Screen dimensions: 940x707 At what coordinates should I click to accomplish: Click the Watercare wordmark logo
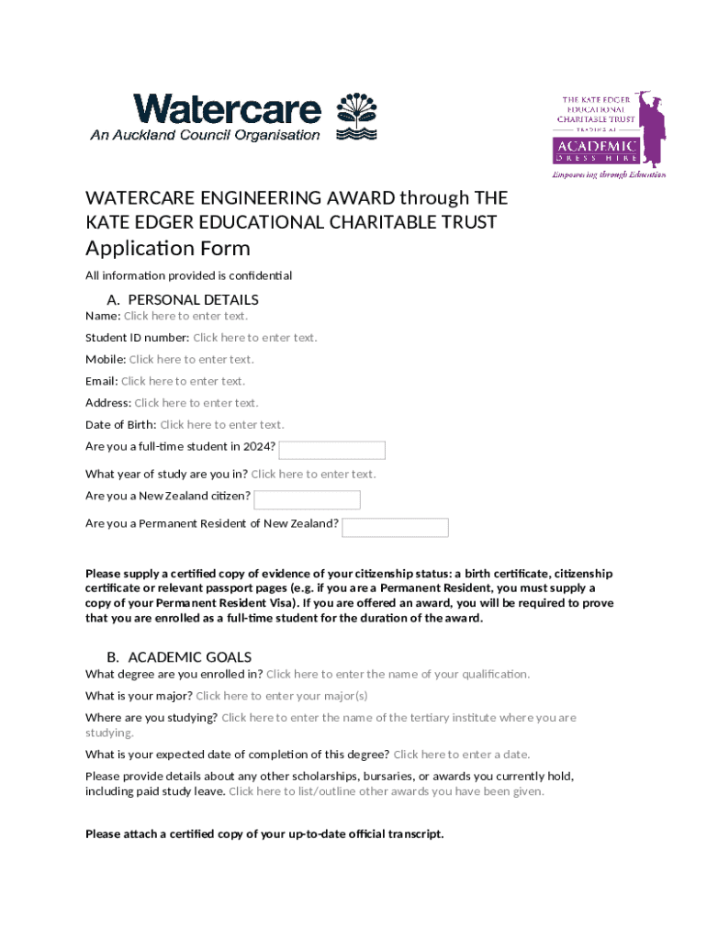[x=227, y=111]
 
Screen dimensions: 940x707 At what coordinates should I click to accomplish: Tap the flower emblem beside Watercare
[x=357, y=116]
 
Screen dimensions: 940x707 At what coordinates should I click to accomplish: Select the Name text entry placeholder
[x=185, y=316]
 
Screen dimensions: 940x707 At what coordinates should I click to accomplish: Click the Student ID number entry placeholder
[x=254, y=338]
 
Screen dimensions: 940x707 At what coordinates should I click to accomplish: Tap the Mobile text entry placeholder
[x=191, y=360]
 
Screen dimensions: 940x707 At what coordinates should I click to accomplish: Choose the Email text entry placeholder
[x=183, y=381]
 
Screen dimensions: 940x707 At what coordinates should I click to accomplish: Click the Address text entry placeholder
[x=196, y=403]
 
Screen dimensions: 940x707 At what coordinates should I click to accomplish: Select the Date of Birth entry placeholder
[x=222, y=425]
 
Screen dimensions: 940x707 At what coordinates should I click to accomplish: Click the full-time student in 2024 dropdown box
[x=331, y=450]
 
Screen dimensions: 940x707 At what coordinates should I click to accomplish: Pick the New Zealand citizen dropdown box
[x=307, y=499]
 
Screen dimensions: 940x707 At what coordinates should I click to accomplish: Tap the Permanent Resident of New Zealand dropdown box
[x=395, y=527]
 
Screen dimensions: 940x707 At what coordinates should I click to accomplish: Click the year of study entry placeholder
[x=313, y=475]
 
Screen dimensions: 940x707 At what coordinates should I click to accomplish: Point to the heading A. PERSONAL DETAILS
[x=183, y=299]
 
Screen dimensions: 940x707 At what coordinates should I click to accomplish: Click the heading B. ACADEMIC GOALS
[x=179, y=657]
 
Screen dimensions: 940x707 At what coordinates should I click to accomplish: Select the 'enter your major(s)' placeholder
[x=281, y=696]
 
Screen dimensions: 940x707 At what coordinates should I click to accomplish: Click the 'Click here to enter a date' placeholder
[x=461, y=755]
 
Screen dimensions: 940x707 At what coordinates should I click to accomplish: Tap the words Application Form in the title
[x=167, y=249]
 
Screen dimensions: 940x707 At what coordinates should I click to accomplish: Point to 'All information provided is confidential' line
[x=188, y=275]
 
